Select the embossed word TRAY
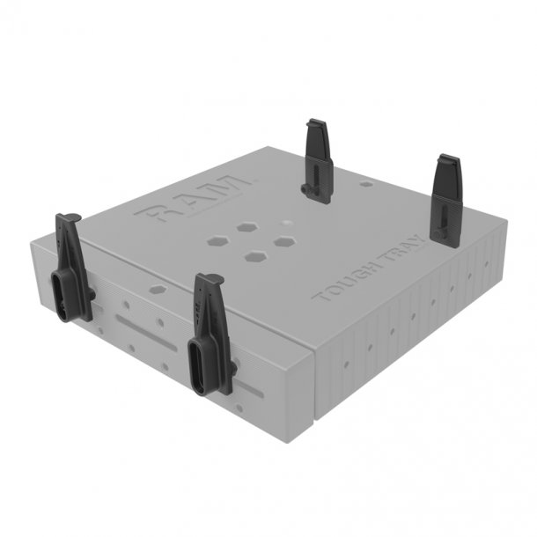(x=401, y=251)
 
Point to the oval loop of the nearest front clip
(x=200, y=361)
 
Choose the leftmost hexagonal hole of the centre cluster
(x=217, y=240)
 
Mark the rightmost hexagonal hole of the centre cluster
(x=283, y=239)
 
